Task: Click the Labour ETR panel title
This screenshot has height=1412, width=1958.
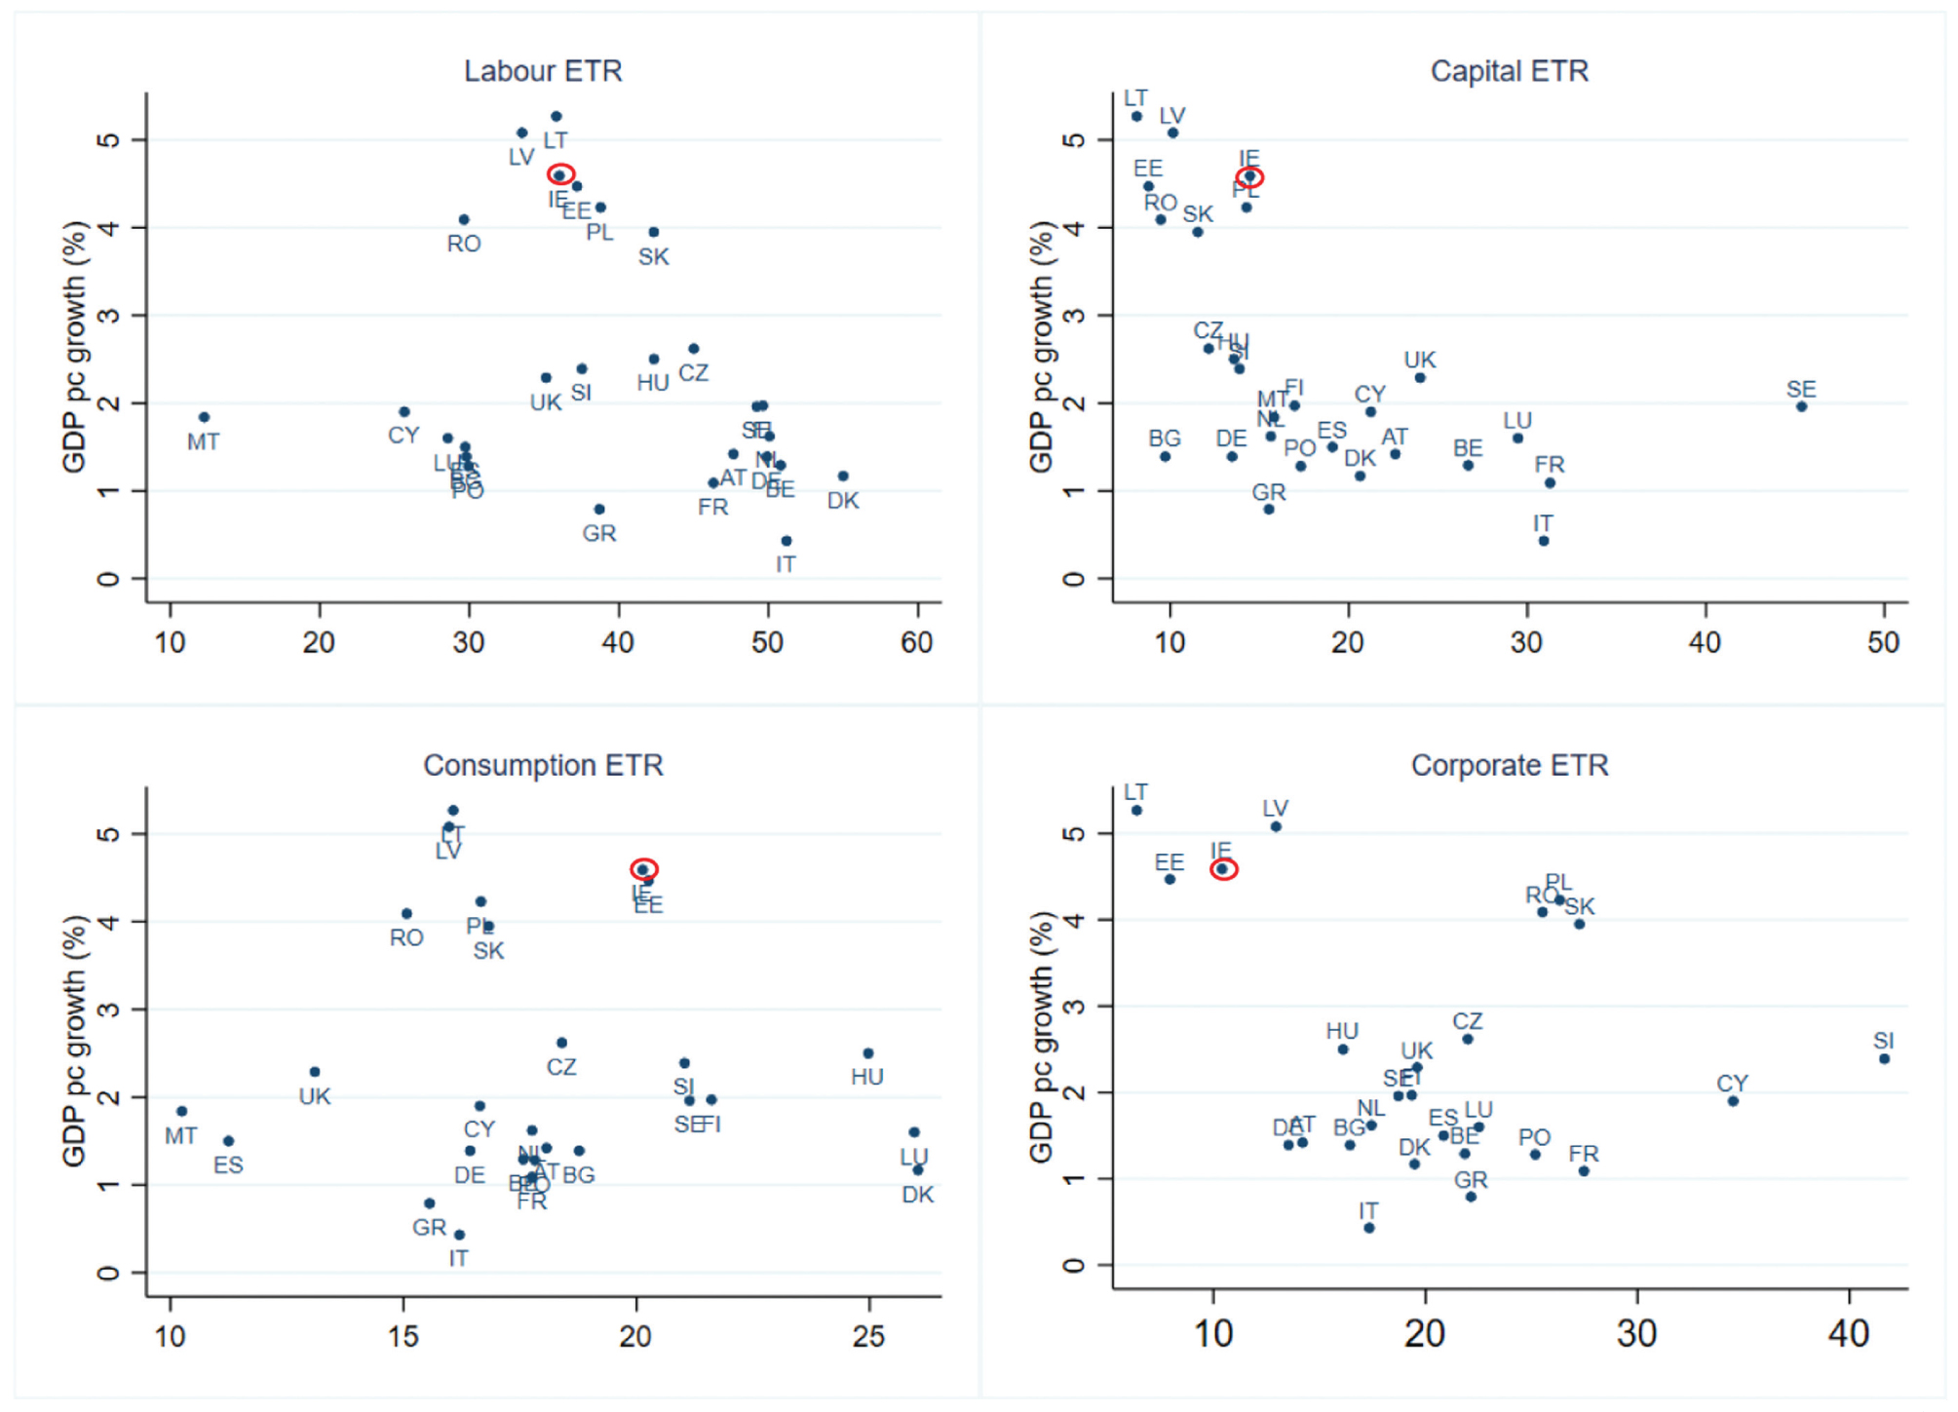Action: click(x=543, y=71)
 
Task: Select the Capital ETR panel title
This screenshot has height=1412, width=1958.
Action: click(x=1509, y=71)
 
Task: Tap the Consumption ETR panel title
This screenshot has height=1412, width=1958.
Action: click(x=543, y=765)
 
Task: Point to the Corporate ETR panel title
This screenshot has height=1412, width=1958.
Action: click(x=1509, y=765)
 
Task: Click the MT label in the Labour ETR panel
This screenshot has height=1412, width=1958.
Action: click(x=203, y=442)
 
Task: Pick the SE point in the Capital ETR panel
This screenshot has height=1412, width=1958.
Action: click(x=1801, y=406)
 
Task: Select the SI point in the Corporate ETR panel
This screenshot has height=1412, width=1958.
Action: click(x=1884, y=1058)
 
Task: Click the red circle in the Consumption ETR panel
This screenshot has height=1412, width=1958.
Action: click(x=643, y=868)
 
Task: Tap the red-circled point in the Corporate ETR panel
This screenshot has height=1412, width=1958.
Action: click(x=1223, y=868)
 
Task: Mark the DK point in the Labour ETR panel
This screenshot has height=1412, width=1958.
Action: click(x=843, y=477)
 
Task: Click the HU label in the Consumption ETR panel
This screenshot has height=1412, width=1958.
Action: click(x=866, y=1077)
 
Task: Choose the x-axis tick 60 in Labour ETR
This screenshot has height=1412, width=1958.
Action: click(x=917, y=643)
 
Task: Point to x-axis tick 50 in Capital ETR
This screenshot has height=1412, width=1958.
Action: click(x=1883, y=643)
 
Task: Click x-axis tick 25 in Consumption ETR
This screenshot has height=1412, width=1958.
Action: click(x=868, y=1336)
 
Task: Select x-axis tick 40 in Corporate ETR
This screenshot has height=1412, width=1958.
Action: click(x=1849, y=1333)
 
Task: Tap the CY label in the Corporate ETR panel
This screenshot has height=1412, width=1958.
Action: click(x=1732, y=1083)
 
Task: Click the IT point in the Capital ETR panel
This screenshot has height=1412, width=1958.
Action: click(x=1544, y=541)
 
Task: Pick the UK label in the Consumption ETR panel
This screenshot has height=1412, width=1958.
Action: click(x=315, y=1096)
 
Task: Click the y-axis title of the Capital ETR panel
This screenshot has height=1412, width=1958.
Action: click(x=1042, y=346)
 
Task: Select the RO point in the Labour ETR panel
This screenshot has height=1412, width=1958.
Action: click(x=464, y=220)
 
